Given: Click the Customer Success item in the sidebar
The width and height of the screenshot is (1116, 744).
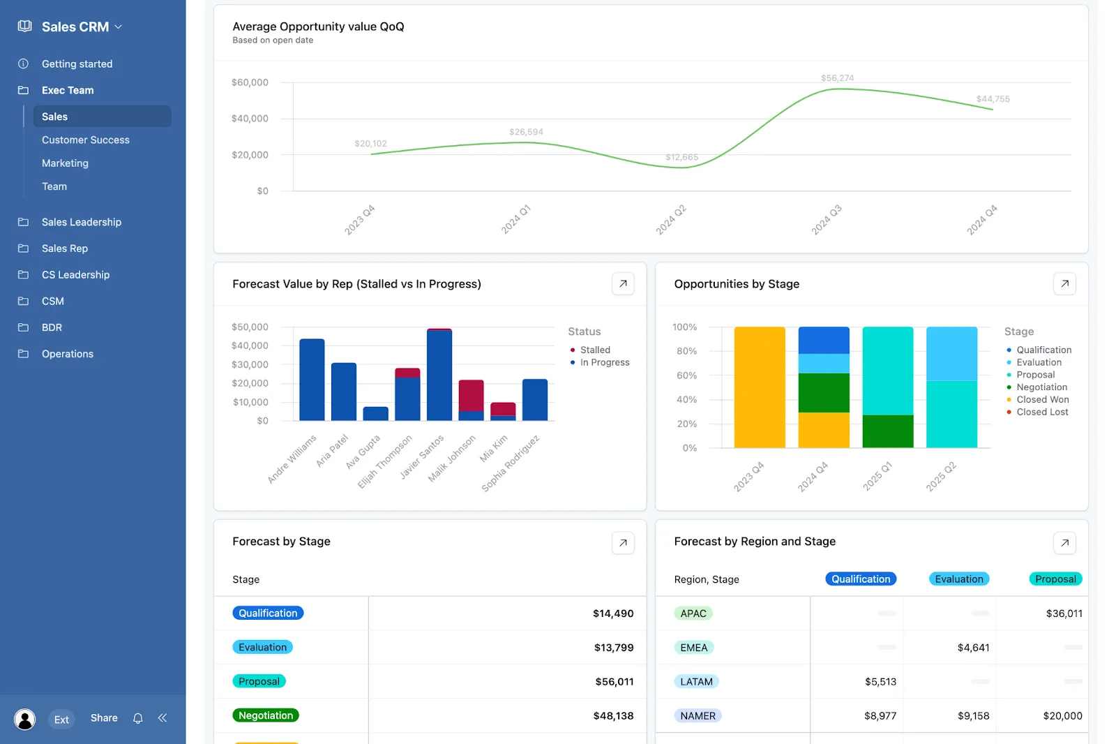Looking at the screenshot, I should point(85,140).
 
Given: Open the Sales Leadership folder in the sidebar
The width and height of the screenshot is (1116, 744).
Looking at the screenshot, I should point(81,222).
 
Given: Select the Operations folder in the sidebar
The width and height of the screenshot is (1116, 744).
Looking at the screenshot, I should point(67,354).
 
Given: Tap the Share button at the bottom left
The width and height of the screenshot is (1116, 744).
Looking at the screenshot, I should point(104,717).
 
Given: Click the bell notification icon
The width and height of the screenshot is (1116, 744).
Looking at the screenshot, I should point(138,718).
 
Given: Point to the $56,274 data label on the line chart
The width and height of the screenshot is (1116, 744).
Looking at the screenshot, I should point(837,78).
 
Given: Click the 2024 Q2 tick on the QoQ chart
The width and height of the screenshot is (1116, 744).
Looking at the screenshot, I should point(671,220).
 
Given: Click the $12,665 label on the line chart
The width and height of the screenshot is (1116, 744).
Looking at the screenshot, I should point(681,157).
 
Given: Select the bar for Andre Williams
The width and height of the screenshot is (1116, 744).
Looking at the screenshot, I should point(312,380).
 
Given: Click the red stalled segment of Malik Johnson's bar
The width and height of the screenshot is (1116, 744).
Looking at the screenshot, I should point(471,395).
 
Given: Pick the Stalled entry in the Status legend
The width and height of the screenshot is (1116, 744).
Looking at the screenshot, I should point(594,350).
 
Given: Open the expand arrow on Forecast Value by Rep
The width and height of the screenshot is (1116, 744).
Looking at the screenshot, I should point(623,283).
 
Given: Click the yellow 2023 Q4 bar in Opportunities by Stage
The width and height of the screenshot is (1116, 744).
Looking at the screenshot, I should point(760,387).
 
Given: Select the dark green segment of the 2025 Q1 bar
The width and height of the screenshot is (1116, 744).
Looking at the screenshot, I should point(887,431).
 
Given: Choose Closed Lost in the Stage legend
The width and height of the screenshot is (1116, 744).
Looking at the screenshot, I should point(1041,412).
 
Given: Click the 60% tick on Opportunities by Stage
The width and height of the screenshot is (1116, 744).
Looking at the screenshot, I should point(686,375).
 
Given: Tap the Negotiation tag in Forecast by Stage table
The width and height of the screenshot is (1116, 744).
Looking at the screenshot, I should point(266,715).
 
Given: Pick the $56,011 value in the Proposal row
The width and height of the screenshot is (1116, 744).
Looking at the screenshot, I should point(614,681).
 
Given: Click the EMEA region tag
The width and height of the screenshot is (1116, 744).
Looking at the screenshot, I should point(693,648).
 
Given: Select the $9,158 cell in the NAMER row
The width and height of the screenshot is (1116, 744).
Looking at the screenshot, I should point(973,715).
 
